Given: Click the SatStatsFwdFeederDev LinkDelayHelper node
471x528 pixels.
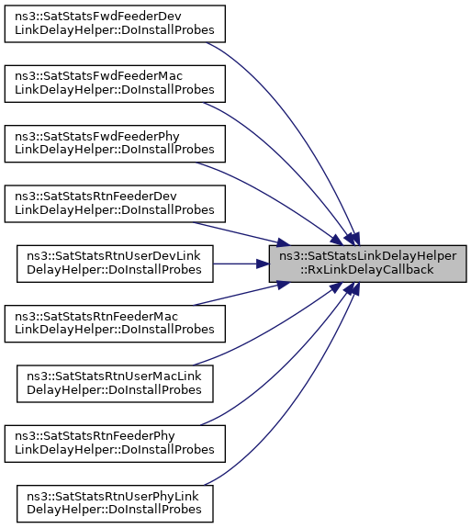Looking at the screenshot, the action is click(x=115, y=24).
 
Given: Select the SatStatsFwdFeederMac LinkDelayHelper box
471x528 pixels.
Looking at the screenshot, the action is click(x=115, y=84).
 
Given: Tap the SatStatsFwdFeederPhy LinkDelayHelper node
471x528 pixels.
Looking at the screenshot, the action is click(x=115, y=144).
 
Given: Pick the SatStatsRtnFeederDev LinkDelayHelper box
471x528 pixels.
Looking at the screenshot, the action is click(x=115, y=204).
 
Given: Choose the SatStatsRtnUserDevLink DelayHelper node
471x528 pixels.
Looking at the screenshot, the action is click(x=115, y=264).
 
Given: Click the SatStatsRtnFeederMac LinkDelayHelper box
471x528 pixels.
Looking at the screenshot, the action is click(x=115, y=323).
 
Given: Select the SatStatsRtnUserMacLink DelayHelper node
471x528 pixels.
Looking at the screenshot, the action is click(x=115, y=384).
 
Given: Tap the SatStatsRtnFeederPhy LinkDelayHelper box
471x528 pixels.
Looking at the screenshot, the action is click(x=115, y=444).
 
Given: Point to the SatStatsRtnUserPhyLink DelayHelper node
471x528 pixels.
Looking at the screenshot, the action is click(x=115, y=503).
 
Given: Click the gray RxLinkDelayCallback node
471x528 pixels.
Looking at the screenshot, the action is click(x=367, y=264).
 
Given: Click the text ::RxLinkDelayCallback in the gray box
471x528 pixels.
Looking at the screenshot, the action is click(x=367, y=270).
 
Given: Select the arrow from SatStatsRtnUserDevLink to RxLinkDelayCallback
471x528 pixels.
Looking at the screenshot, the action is click(x=241, y=264).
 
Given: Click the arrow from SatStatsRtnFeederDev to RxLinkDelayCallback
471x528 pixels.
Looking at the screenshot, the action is click(x=241, y=233).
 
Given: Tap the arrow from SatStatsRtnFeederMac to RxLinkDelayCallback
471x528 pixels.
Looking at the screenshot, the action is click(x=241, y=294).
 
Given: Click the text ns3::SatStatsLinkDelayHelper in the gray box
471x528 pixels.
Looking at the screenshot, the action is click(x=367, y=256).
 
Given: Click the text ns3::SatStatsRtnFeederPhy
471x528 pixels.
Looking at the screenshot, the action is click(x=95, y=436).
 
